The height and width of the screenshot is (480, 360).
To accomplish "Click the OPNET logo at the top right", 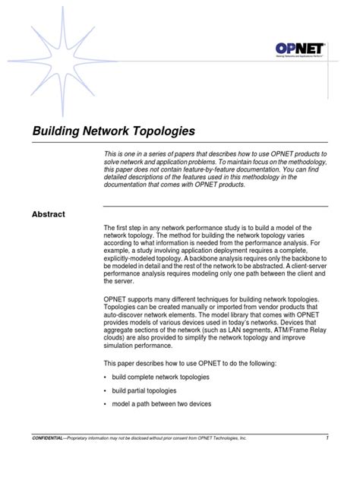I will (301, 50).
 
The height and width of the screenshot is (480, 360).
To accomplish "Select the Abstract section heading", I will (48, 214).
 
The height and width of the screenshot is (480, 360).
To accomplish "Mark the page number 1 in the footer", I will (326, 438).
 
